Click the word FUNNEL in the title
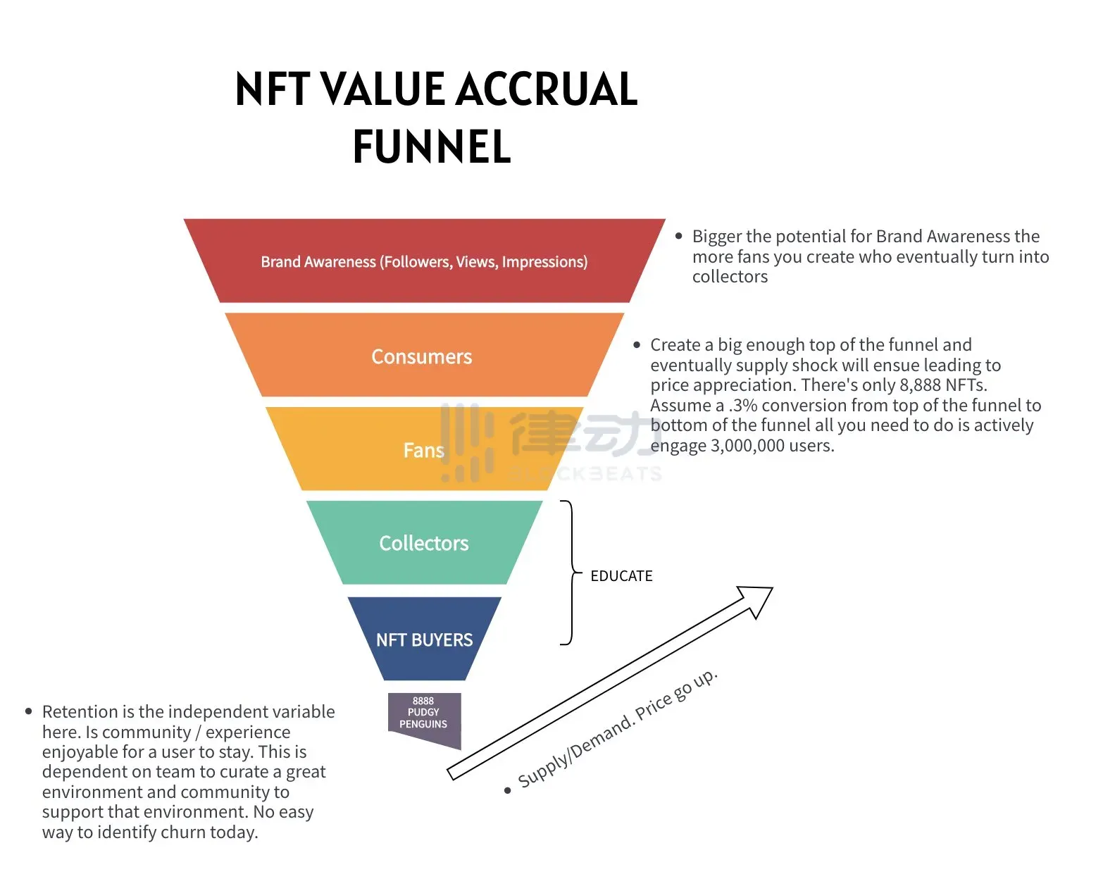pos(432,146)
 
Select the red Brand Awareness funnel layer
pos(424,261)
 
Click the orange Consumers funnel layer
pos(422,356)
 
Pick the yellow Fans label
pos(423,450)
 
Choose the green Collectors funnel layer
pos(424,543)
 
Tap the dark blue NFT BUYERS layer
pos(424,639)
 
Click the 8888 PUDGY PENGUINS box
pos(423,713)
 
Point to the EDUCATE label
pos(621,576)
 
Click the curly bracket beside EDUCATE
pos(571,572)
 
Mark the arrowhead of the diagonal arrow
pos(756,599)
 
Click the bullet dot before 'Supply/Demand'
pos(507,790)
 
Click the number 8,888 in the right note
pos(920,385)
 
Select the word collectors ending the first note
pos(730,277)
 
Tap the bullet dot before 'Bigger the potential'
pos(679,236)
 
